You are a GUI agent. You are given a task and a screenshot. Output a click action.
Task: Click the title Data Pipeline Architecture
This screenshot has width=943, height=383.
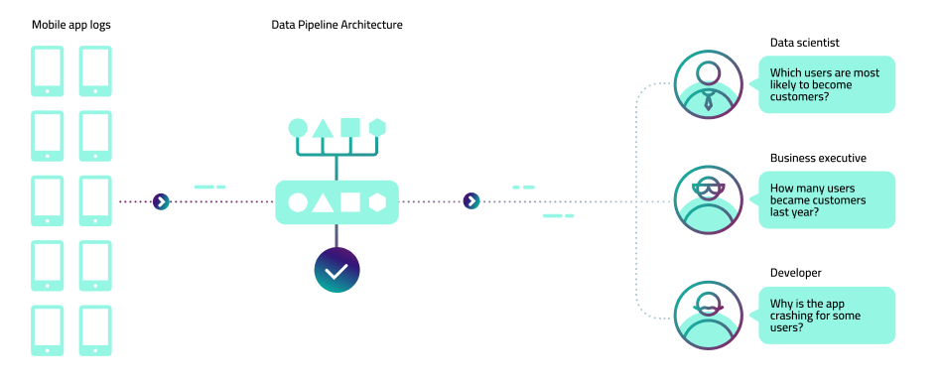coord(337,24)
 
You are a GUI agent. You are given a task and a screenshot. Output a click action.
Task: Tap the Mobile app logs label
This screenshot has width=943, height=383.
coord(71,24)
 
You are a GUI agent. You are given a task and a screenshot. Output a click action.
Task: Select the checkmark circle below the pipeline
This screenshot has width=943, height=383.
coord(337,270)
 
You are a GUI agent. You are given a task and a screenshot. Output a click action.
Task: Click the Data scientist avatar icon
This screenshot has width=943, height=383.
coord(707,84)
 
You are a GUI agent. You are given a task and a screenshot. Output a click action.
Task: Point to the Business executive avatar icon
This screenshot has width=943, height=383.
coord(707,199)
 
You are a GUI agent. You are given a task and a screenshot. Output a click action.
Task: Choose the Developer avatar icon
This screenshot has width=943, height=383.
coord(707,315)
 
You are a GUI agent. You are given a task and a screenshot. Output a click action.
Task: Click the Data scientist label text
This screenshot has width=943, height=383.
coord(805,42)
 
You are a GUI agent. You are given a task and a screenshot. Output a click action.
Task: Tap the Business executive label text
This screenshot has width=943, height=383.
coord(818,158)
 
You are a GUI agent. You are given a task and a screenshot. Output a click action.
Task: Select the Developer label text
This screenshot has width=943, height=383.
coord(796,273)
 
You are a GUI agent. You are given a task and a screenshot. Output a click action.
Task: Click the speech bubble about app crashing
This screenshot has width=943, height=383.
coord(827,315)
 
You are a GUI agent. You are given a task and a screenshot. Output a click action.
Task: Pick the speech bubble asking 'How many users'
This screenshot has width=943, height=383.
coord(827,199)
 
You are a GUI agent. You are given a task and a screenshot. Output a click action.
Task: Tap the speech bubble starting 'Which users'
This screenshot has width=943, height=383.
coord(827,84)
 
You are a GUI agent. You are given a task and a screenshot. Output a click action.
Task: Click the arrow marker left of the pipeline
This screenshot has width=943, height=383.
coord(161,201)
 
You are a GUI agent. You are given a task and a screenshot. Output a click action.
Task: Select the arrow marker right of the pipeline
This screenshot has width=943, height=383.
coord(471,201)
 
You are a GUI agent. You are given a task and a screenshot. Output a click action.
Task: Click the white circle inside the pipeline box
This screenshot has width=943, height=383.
coord(297,202)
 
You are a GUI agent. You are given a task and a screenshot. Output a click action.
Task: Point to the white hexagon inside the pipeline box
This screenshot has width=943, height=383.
coord(377,202)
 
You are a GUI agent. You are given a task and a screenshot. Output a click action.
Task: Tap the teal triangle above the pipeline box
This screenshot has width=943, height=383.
coord(323,128)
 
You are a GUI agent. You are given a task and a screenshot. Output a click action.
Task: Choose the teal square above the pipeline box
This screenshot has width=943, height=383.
coord(349,127)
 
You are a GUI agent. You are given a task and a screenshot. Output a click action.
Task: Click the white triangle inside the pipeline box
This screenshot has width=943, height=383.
coord(323,202)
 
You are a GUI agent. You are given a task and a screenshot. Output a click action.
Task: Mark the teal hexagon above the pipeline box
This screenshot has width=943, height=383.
coord(377,127)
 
